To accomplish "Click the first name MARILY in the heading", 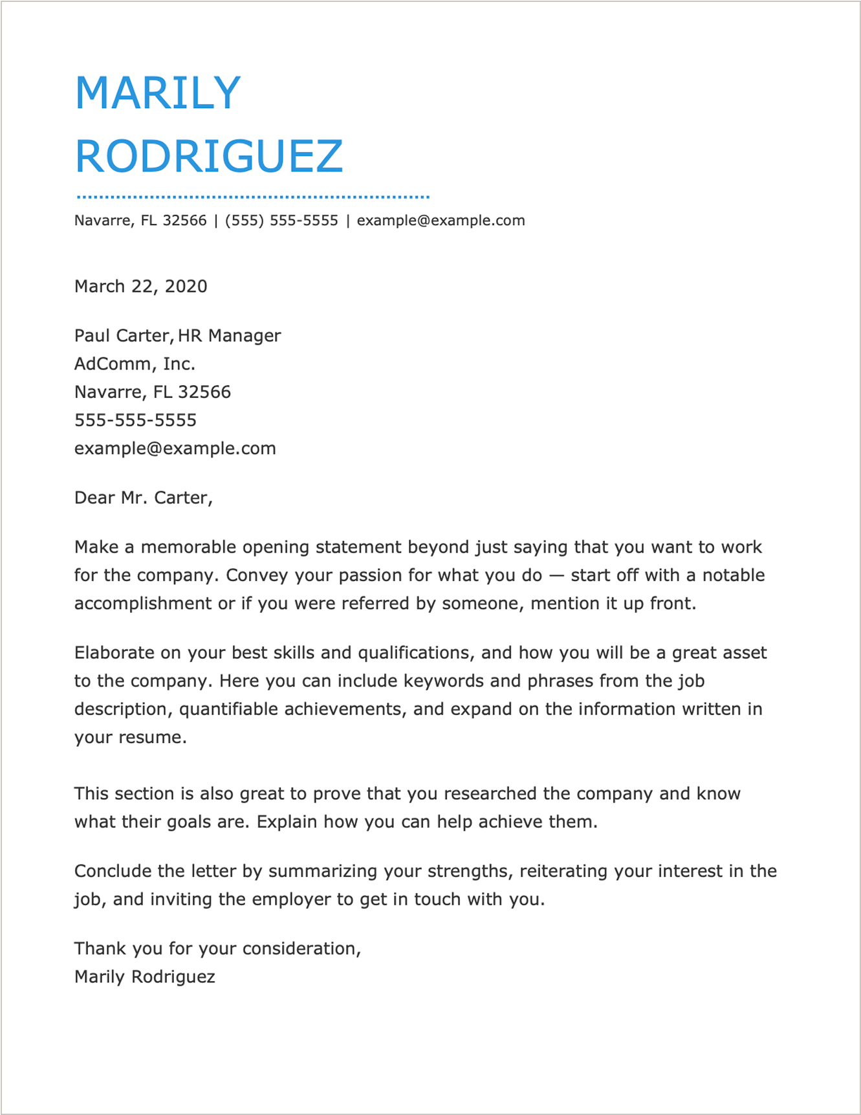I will click(158, 93).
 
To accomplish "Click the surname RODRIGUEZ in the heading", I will click(209, 157).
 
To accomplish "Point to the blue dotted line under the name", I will click(253, 196).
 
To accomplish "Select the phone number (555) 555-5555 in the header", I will click(281, 221).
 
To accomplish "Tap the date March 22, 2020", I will click(141, 286).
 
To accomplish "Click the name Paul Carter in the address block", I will click(122, 335).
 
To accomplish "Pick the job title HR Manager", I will click(230, 335).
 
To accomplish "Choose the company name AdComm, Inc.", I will click(135, 364).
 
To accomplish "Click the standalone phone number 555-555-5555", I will click(135, 420).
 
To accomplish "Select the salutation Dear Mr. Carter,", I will click(144, 497).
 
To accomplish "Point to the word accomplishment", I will click(143, 604).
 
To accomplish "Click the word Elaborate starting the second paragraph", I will click(114, 652).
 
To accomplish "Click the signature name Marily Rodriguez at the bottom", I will click(145, 977).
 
